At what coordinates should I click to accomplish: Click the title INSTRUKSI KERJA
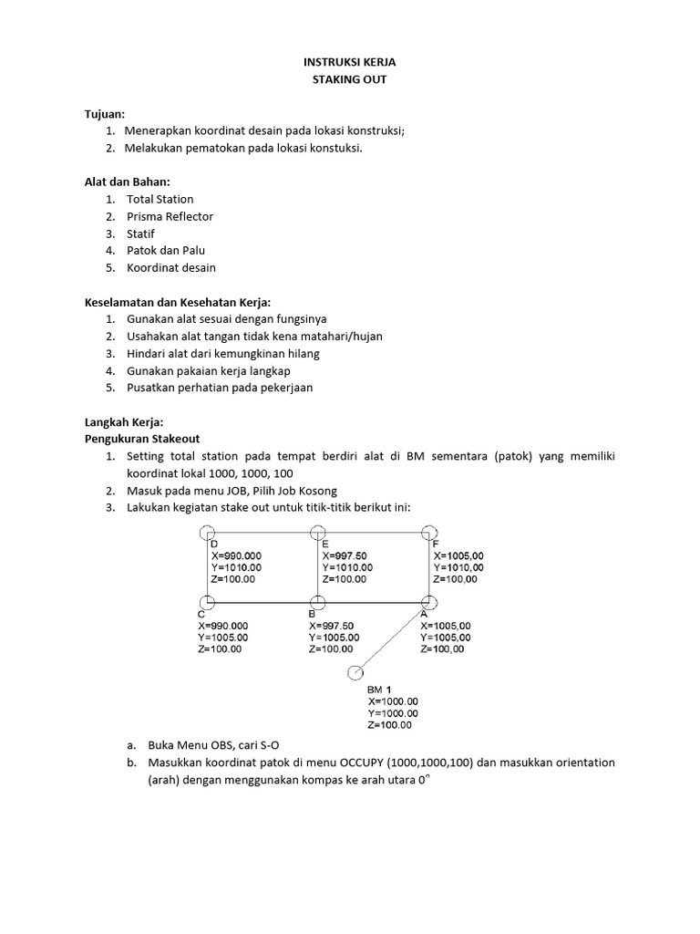coord(350,62)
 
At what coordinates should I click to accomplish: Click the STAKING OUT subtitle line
coord(350,80)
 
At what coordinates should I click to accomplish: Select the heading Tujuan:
coord(105,113)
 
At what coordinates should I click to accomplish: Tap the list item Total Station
coord(160,199)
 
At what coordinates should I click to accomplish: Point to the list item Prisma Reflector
coord(170,216)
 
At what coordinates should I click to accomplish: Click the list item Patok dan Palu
coord(166,250)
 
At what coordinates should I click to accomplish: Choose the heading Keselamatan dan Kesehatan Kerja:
coord(179,302)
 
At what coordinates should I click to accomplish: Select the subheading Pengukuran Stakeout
coord(142,439)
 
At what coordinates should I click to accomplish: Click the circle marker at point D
coord(208,533)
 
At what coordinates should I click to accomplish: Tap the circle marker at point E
coord(317,533)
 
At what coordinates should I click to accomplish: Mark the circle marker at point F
coord(429,533)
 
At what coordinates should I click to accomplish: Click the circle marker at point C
coord(208,602)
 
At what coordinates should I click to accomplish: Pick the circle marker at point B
coord(317,602)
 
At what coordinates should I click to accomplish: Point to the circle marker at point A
coord(429,602)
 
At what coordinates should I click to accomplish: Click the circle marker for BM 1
coord(355,673)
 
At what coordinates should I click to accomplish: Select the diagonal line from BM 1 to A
coord(392,638)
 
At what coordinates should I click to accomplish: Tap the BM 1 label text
coord(379,690)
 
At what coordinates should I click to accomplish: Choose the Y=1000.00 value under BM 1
coord(393,713)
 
